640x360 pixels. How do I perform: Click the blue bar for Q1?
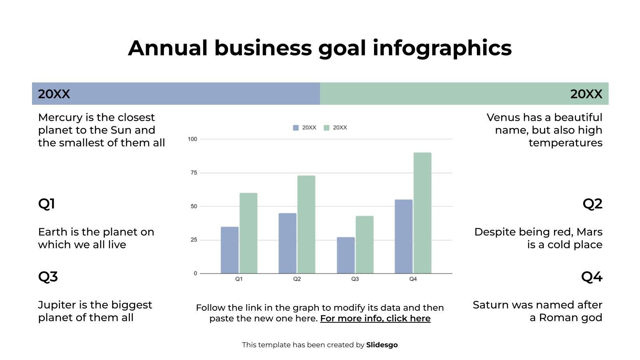click(230, 250)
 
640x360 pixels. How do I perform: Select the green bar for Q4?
click(422, 213)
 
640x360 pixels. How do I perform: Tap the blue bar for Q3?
click(346, 255)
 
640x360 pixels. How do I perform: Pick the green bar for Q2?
click(306, 224)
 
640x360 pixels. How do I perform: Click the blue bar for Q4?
click(404, 236)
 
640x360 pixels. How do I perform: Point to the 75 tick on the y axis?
click(194, 172)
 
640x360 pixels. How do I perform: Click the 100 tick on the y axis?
click(192, 139)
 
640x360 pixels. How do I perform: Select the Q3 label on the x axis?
click(355, 279)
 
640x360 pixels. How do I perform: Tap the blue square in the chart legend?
click(296, 128)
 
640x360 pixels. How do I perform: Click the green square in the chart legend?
click(326, 128)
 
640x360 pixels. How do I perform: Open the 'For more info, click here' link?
click(375, 318)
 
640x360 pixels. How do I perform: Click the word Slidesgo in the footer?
click(382, 345)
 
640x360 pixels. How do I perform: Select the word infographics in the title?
click(442, 48)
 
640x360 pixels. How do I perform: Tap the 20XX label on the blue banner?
click(54, 94)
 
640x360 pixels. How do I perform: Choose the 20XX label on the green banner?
click(586, 94)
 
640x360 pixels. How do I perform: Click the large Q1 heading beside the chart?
click(46, 204)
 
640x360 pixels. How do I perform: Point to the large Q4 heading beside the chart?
click(592, 277)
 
